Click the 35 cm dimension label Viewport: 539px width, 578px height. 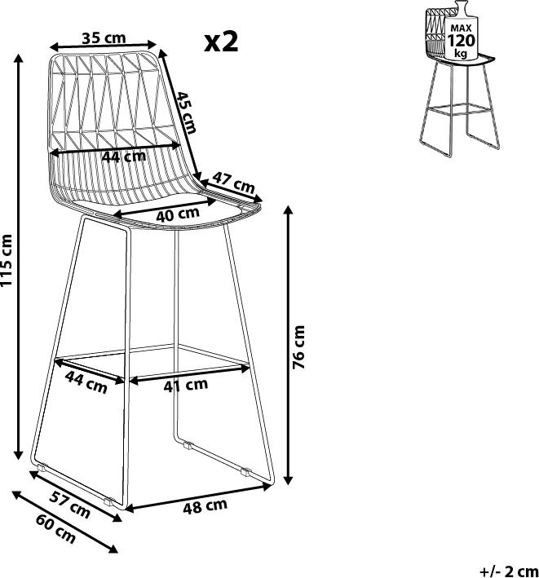(104, 38)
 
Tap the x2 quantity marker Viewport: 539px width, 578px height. (222, 42)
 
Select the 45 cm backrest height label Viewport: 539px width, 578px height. (185, 112)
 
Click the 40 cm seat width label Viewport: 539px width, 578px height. (178, 214)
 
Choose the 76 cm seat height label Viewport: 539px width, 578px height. (298, 347)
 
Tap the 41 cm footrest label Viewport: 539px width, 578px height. (185, 386)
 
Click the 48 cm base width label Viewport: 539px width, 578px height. (205, 506)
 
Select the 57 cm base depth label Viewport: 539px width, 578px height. (70, 505)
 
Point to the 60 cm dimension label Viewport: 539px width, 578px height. (56, 529)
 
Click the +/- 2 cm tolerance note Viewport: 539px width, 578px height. (510, 571)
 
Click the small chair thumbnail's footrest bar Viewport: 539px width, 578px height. (458, 108)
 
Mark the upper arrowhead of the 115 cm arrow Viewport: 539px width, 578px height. (19, 58)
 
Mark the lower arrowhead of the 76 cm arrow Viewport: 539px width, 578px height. (289, 479)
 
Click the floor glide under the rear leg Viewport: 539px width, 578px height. (188, 445)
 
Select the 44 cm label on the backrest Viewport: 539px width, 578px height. (124, 157)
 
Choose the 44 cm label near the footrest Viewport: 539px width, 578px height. (86, 382)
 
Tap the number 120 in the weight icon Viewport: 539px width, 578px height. (462, 41)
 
